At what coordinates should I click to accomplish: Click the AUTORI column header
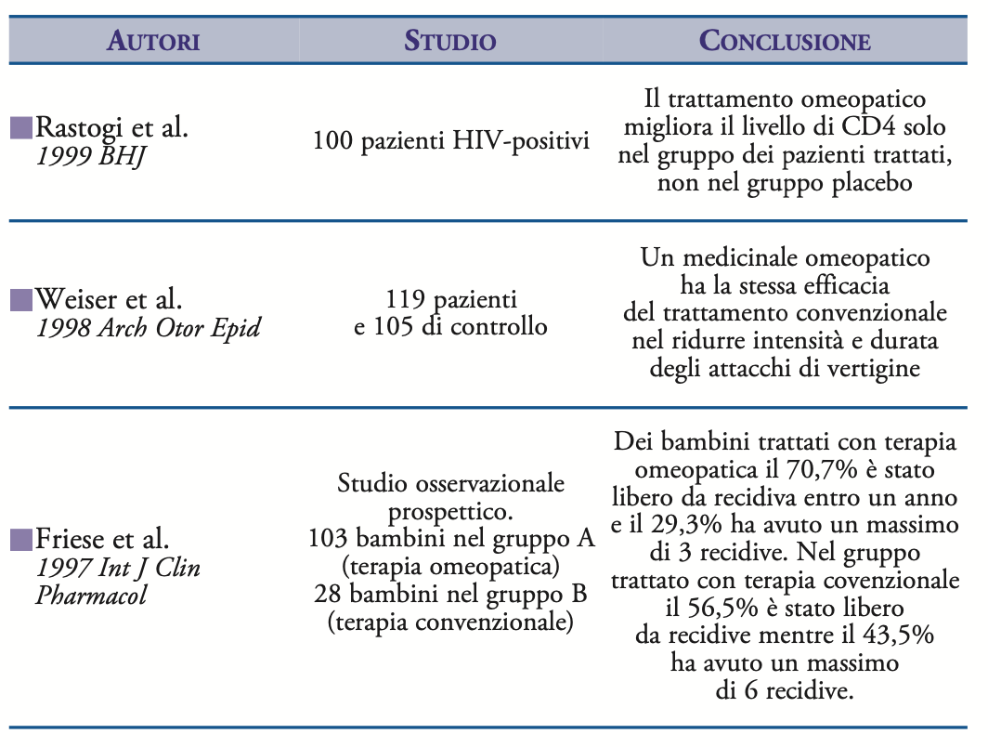pyautogui.click(x=153, y=41)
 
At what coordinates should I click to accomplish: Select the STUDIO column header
pyautogui.click(x=449, y=41)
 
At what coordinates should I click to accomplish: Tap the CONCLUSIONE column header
pyautogui.click(x=785, y=41)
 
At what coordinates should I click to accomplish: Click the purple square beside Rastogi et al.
pyautogui.click(x=21, y=127)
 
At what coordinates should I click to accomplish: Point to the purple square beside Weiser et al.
pyautogui.click(x=21, y=299)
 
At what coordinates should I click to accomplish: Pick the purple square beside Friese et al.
pyautogui.click(x=21, y=540)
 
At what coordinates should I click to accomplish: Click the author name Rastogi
pyautogui.click(x=79, y=128)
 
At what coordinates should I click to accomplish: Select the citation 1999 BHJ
pyautogui.click(x=91, y=156)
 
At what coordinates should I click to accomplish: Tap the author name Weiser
pyautogui.click(x=77, y=299)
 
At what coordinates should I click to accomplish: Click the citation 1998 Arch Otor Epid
pyautogui.click(x=149, y=328)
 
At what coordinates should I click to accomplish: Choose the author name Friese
pyautogui.click(x=75, y=539)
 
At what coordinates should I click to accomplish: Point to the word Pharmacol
pyautogui.click(x=91, y=595)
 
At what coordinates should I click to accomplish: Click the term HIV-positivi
pyautogui.click(x=521, y=140)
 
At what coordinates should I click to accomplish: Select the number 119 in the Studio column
pyautogui.click(x=405, y=299)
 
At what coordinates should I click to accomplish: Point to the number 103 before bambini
pyautogui.click(x=328, y=539)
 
